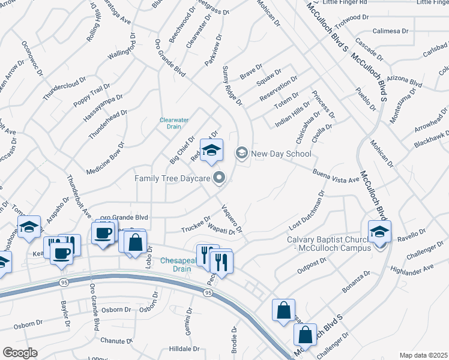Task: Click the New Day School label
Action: click(x=281, y=154)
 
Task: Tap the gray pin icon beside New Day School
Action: click(x=241, y=153)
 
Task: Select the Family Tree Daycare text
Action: click(x=171, y=178)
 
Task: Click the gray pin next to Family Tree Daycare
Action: click(x=219, y=177)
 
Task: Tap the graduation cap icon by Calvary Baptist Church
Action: click(x=379, y=232)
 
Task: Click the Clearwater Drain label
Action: click(x=174, y=123)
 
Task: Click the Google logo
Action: click(x=20, y=353)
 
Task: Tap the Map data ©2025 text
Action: click(x=423, y=355)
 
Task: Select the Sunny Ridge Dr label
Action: click(x=232, y=86)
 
